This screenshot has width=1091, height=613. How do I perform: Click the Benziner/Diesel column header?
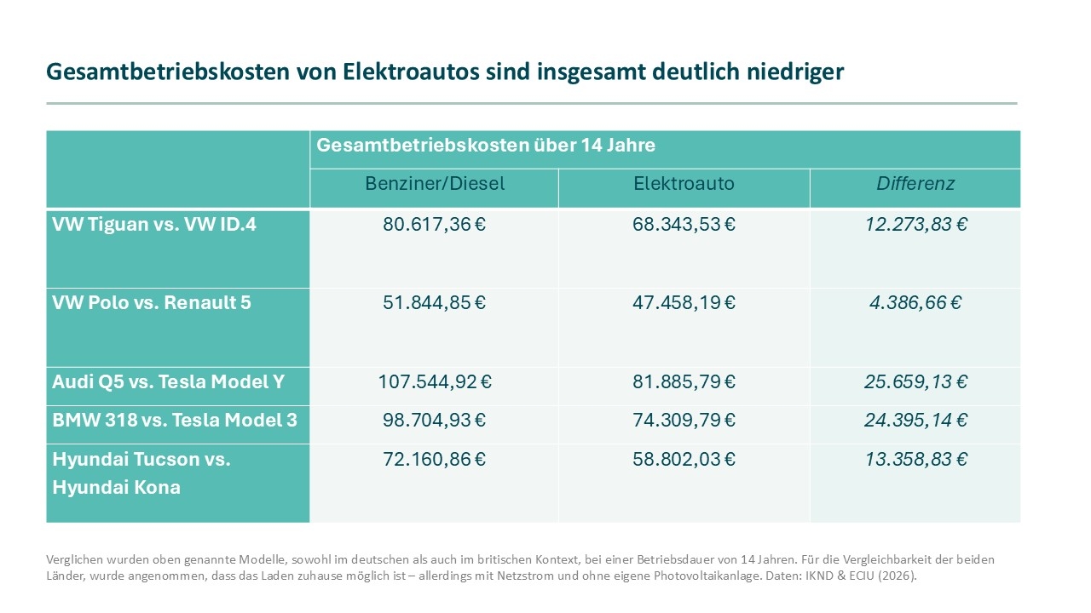pos(435,183)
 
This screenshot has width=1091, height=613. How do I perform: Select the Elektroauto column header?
pos(684,183)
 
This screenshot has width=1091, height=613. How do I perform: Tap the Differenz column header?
pos(915,183)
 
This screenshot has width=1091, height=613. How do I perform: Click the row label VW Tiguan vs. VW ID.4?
pos(142,226)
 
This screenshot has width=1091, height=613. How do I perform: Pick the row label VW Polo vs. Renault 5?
pos(152,302)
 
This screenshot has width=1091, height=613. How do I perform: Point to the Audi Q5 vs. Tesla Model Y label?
pos(169,381)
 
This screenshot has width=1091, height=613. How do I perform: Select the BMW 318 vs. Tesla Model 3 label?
pos(175,420)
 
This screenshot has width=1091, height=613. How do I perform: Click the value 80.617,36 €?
pos(435,226)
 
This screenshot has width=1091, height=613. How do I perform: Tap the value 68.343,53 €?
pos(684,226)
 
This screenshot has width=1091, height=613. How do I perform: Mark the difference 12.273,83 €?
pos(915,226)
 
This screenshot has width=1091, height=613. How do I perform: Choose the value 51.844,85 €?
pos(435,302)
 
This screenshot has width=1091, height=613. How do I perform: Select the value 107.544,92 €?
pos(435,381)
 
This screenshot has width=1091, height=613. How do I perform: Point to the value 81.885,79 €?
pos(684,381)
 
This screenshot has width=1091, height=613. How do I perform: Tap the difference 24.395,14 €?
pos(915,420)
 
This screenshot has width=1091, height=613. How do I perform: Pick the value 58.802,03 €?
pos(684,459)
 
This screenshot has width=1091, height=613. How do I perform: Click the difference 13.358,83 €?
pos(915,459)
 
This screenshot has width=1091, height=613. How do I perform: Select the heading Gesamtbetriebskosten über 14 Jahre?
pos(486,145)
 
